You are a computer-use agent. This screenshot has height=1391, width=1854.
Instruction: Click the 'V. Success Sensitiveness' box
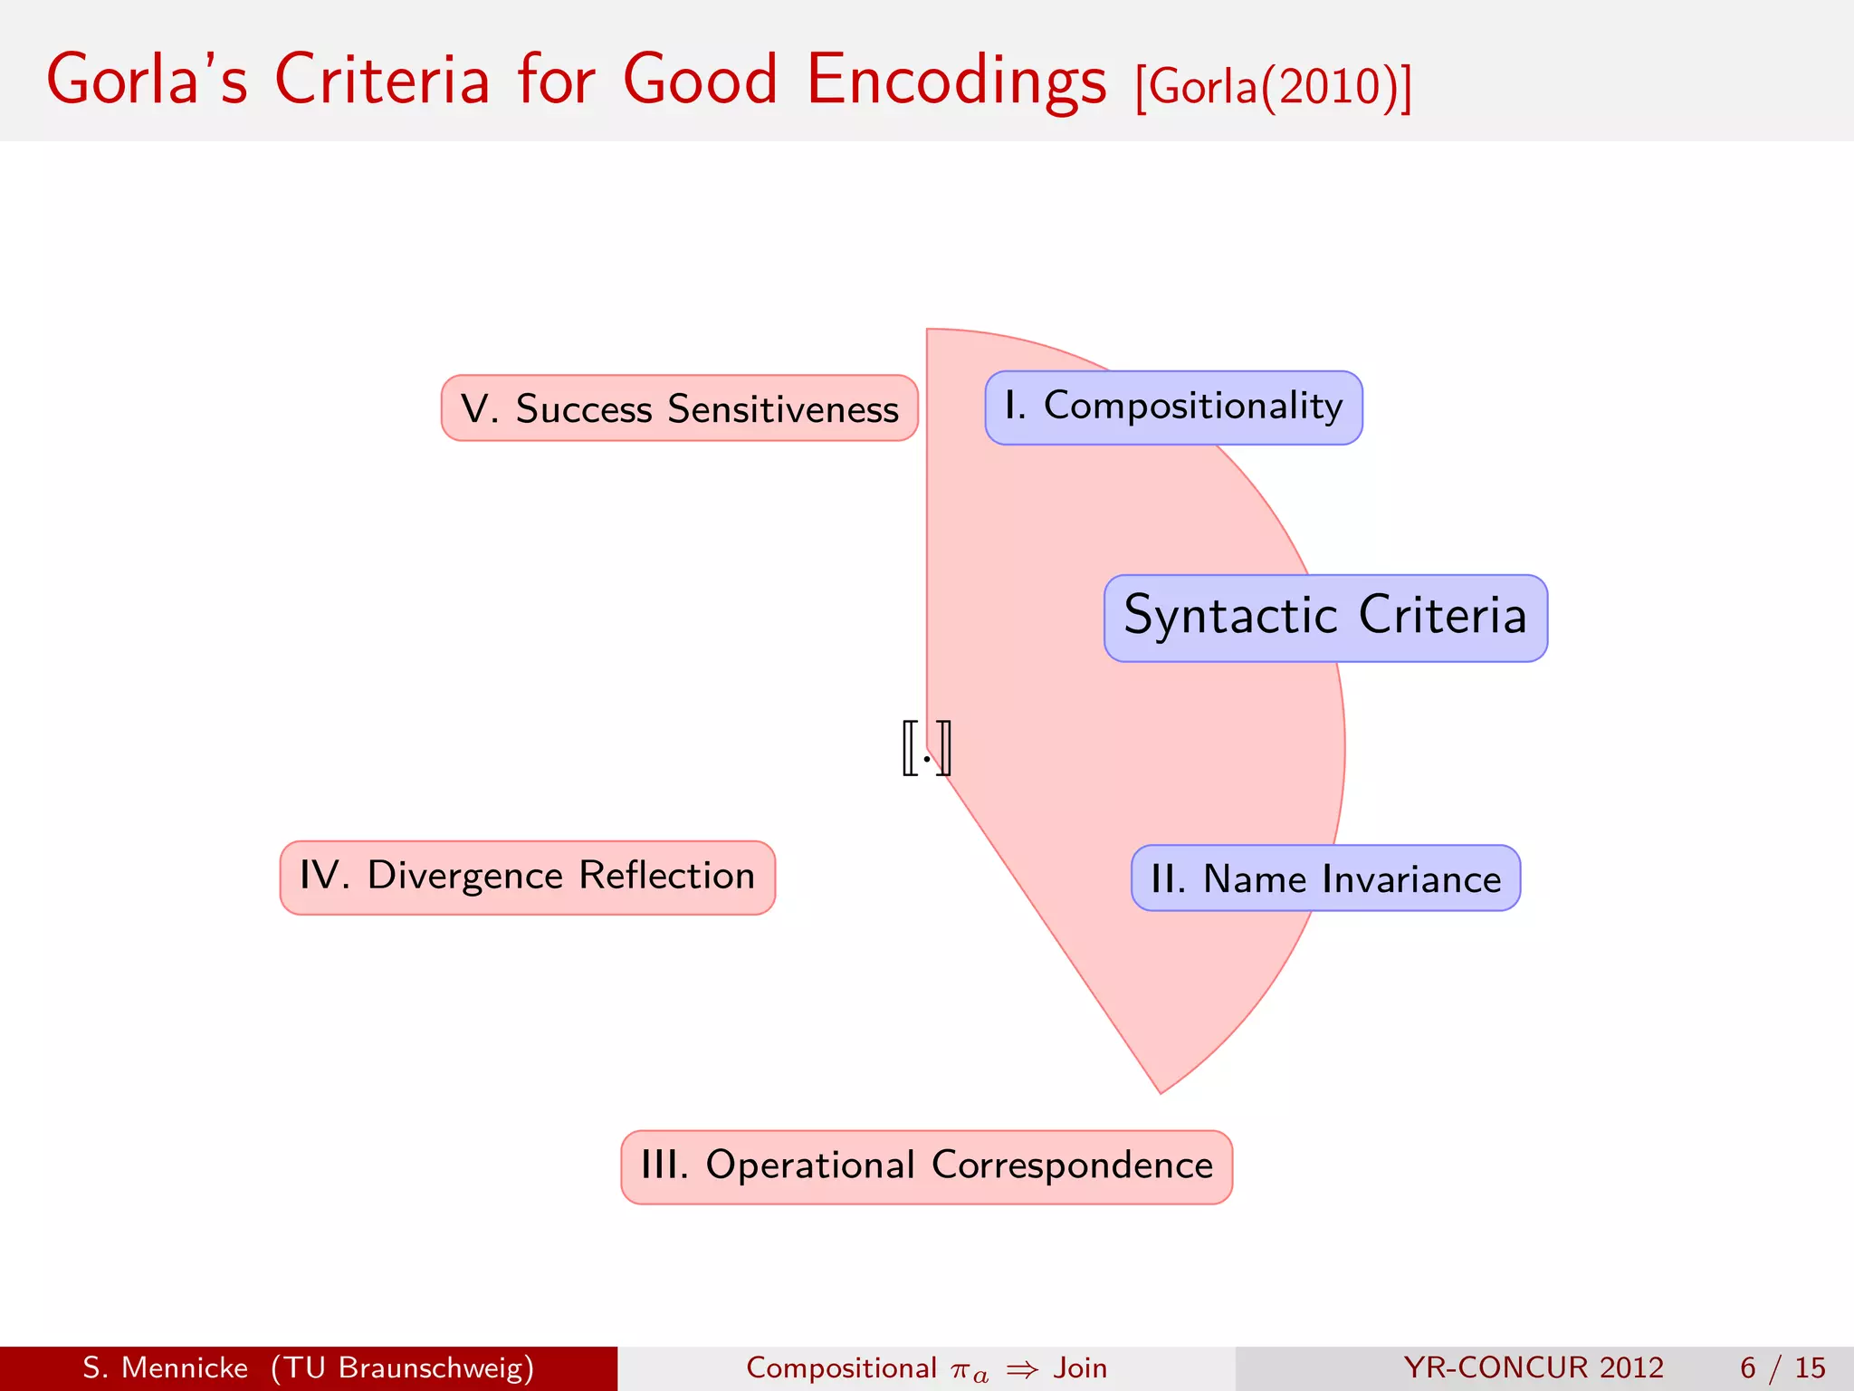pyautogui.click(x=679, y=408)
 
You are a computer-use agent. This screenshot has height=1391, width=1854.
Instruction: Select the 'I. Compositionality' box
pyautogui.click(x=1173, y=408)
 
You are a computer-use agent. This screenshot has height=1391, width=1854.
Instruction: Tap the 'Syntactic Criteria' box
pyautogui.click(x=1325, y=618)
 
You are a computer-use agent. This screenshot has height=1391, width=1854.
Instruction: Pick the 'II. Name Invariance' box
pyautogui.click(x=1325, y=878)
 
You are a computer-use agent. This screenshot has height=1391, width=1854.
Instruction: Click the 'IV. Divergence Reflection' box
pyautogui.click(x=528, y=877)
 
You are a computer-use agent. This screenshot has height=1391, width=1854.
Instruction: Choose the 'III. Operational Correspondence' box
pyautogui.click(x=926, y=1166)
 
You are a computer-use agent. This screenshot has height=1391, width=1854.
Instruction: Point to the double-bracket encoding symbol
pyautogui.click(x=926, y=748)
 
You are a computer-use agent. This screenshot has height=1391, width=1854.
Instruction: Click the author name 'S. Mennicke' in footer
pyautogui.click(x=165, y=1367)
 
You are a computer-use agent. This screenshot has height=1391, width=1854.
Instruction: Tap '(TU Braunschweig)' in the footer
pyautogui.click(x=402, y=1367)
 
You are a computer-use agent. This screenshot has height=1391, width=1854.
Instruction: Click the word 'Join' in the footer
pyautogui.click(x=1080, y=1367)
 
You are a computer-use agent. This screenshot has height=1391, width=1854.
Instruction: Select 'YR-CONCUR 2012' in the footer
pyautogui.click(x=1533, y=1367)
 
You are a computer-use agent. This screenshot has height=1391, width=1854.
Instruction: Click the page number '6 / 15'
pyautogui.click(x=1782, y=1367)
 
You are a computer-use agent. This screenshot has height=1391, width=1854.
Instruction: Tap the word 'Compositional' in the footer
pyautogui.click(x=841, y=1367)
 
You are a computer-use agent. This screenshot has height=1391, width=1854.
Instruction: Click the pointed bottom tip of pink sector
pyautogui.click(x=1160, y=1089)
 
